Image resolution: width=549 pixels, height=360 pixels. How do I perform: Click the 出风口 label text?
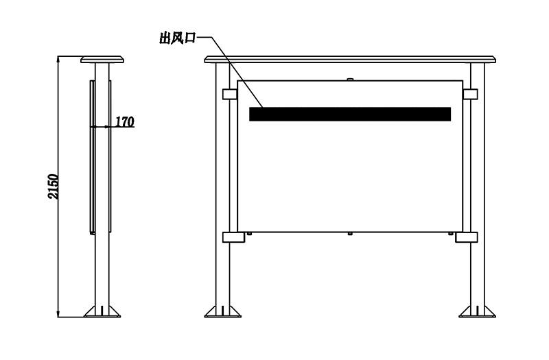point(177,38)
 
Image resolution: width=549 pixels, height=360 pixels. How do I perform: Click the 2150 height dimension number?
point(54,187)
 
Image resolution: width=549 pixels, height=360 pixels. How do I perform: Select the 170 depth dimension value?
point(125,122)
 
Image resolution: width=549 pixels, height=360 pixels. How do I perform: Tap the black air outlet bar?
point(350,114)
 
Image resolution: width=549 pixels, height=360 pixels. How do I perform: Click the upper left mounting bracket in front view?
point(230,94)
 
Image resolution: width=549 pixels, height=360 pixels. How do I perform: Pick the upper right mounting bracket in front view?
point(470,94)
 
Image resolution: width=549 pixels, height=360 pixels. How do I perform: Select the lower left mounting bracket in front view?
point(233,237)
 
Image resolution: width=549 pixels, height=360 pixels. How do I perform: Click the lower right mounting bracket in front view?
point(467,237)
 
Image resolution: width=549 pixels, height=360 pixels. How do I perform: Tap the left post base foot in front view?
point(222,311)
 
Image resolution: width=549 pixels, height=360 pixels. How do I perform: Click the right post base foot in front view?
point(478,311)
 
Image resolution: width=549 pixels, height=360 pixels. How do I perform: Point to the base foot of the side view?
point(102,311)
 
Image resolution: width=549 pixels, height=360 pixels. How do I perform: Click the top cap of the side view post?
point(102,59)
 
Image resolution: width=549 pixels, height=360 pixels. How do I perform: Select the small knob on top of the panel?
point(350,80)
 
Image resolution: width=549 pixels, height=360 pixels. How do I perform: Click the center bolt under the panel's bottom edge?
point(350,233)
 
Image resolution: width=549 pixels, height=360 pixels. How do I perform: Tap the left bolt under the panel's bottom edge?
point(249,233)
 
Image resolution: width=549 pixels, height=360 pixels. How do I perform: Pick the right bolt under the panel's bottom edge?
point(451,233)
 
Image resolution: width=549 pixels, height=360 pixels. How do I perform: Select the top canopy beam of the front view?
point(350,59)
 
